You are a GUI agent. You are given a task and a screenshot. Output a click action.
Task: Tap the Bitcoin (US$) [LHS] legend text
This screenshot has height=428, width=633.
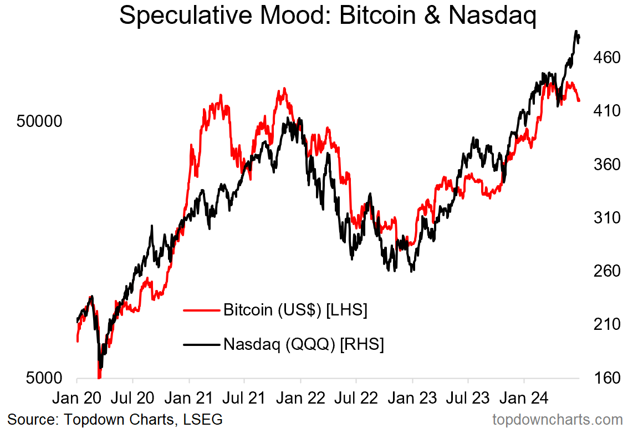(295, 310)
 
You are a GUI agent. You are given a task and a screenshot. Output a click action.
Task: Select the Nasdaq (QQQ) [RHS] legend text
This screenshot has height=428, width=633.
(304, 344)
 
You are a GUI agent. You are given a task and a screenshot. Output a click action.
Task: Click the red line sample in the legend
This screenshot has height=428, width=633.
(201, 310)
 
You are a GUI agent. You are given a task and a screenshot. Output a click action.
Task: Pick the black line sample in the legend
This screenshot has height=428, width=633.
(201, 345)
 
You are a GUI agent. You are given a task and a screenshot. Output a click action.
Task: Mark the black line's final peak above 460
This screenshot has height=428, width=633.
(576, 32)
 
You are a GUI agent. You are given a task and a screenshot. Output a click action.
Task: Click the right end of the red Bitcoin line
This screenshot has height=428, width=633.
(579, 100)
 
